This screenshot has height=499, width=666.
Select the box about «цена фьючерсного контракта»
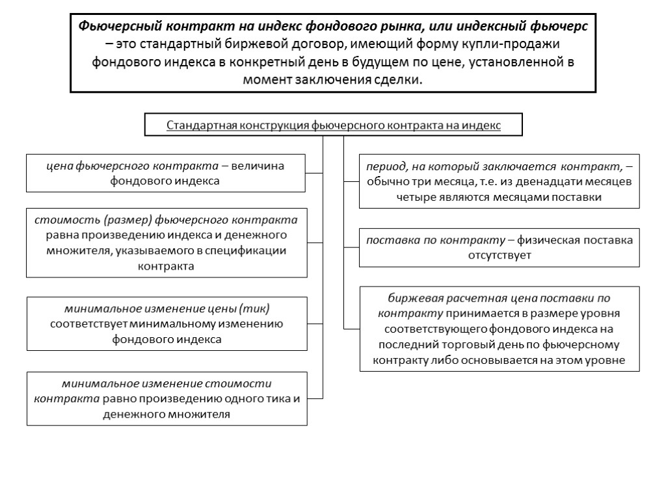click(x=166, y=173)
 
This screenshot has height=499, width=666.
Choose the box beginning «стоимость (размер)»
click(x=166, y=242)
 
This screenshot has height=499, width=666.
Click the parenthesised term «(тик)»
click(x=254, y=307)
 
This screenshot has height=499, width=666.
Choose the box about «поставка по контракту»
click(x=499, y=248)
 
